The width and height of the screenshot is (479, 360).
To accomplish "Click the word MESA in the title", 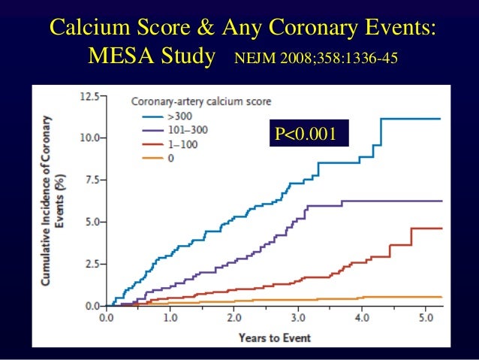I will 119,56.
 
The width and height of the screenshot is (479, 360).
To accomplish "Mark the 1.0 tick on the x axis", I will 170,317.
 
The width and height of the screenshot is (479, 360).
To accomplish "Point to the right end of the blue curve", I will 441,119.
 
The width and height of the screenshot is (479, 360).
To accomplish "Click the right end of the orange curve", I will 441,297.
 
